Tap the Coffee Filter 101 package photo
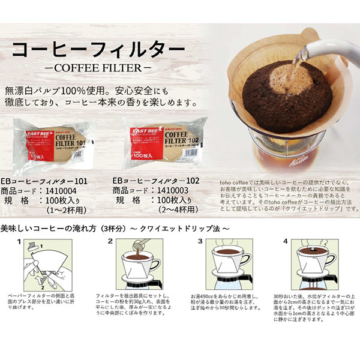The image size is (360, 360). point(55,143)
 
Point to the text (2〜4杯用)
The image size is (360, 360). point(168,211)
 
